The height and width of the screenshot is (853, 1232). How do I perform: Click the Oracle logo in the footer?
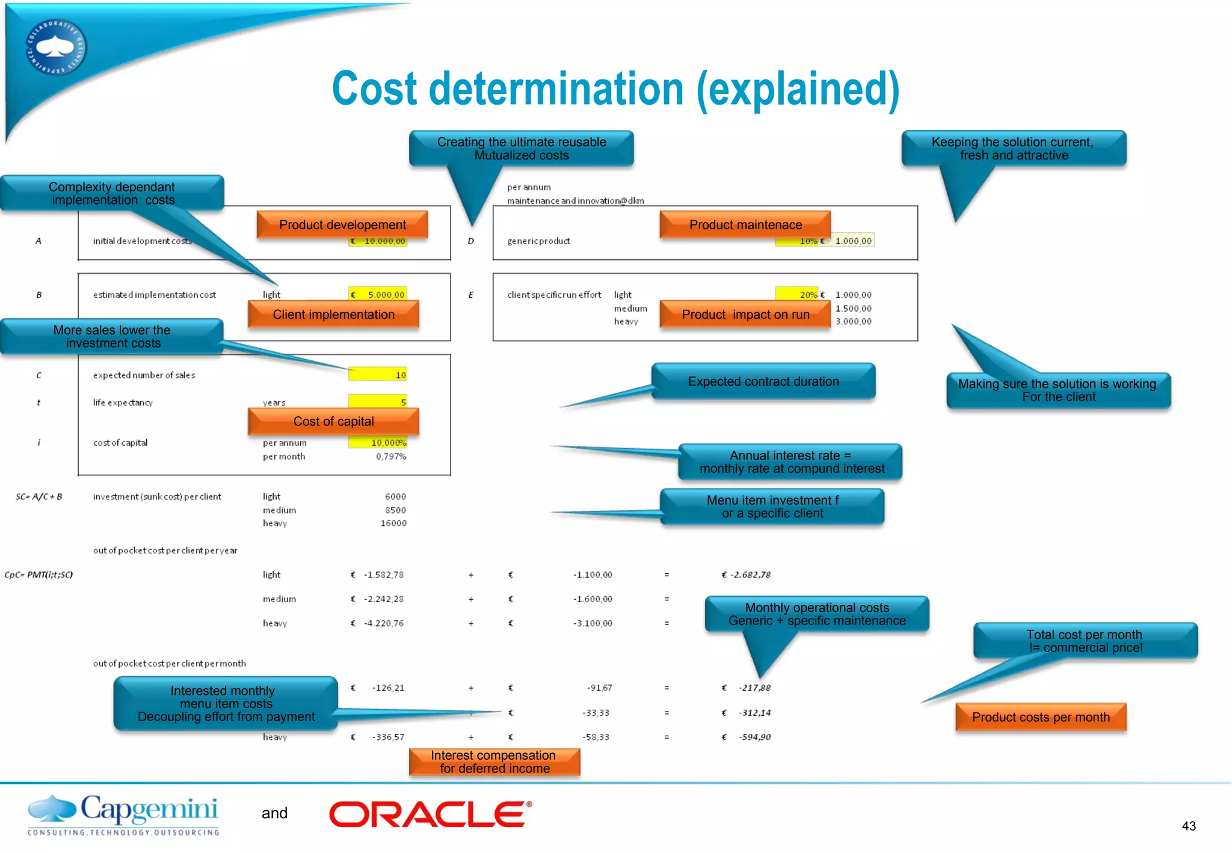click(430, 814)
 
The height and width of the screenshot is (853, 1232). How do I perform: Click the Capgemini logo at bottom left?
click(123, 815)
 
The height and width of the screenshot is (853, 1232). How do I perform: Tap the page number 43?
click(1188, 826)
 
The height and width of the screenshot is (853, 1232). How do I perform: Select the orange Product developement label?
click(342, 225)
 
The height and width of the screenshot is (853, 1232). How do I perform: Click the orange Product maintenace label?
click(745, 225)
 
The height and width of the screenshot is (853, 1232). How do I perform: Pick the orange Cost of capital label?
click(333, 422)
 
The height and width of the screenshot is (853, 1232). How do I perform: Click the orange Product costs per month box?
click(1040, 717)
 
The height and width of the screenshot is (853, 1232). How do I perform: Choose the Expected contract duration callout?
click(763, 381)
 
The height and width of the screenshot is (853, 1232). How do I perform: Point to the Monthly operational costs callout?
click(816, 614)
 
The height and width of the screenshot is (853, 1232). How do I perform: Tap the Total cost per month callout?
click(1084, 641)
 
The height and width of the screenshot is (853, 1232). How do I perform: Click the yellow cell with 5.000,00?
click(378, 294)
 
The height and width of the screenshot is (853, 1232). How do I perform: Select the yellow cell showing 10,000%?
click(378, 443)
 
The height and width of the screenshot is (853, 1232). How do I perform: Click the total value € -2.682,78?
click(746, 574)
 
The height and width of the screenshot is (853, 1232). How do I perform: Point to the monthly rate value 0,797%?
click(391, 457)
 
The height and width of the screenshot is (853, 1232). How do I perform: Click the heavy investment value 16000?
click(393, 523)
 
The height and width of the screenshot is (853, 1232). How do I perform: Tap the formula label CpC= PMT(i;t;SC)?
click(38, 574)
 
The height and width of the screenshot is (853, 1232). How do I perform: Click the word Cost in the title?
click(374, 89)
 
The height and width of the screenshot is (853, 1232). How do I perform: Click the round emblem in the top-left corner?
click(56, 48)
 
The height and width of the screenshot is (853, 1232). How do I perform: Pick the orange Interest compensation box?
click(494, 762)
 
